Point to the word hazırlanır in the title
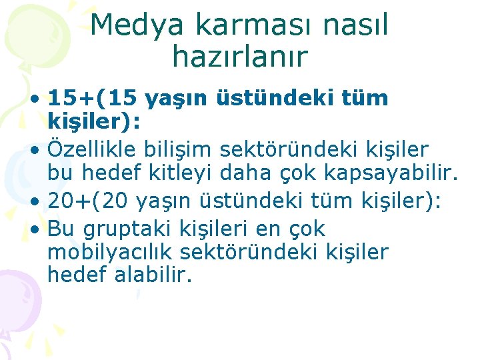[239, 57]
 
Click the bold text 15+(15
[93, 99]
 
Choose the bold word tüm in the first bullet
[364, 99]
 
